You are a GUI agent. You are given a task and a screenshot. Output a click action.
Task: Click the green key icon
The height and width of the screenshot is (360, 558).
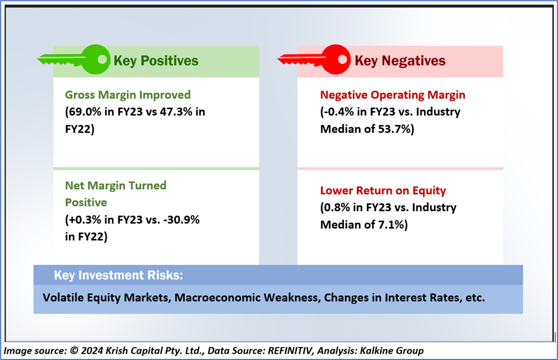pyautogui.click(x=74, y=60)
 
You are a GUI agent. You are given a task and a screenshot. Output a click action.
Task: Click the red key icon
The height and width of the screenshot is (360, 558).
pyautogui.click(x=314, y=60)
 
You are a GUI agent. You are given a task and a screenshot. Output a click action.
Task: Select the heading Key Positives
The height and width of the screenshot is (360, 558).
pyautogui.click(x=156, y=61)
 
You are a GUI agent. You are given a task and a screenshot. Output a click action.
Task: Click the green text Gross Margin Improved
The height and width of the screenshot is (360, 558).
pyautogui.click(x=128, y=95)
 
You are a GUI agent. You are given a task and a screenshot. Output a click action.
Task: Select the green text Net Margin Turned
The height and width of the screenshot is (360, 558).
pyautogui.click(x=116, y=186)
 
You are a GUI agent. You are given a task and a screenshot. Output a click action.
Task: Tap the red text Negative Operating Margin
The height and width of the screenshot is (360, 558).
pyautogui.click(x=393, y=95)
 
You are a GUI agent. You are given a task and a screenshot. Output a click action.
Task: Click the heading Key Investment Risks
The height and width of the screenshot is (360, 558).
pyautogui.click(x=119, y=275)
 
